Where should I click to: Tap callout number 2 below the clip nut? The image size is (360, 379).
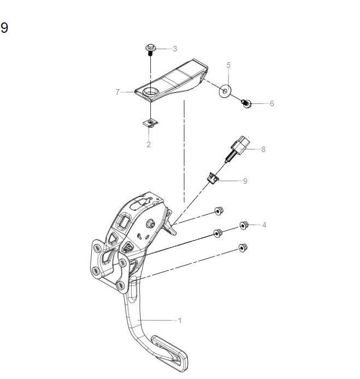point(149,144)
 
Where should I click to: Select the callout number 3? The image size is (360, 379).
point(175,49)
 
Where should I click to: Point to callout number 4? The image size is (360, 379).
point(264,225)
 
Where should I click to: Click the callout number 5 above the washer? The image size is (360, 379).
point(228,65)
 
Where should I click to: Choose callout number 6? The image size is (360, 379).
point(272,103)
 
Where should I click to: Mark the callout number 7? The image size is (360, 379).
point(117,92)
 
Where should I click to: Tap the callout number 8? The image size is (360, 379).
point(263,149)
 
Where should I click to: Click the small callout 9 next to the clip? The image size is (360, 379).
point(245,180)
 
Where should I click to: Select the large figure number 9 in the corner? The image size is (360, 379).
point(4,28)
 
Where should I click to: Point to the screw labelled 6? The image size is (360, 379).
point(246,103)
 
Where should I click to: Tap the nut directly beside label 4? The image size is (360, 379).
point(244,225)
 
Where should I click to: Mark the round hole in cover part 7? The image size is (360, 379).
point(151,91)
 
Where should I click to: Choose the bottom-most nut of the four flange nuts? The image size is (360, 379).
point(243,248)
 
